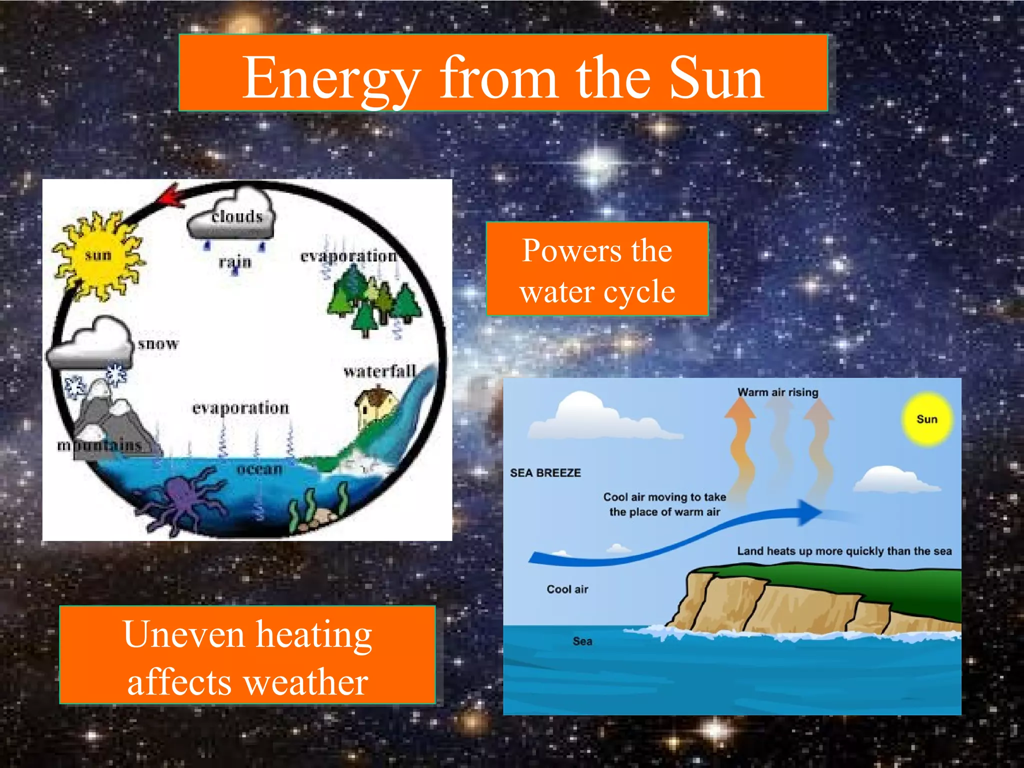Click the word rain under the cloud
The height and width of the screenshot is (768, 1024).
point(235,262)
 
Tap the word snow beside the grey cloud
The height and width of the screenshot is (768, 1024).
point(158,344)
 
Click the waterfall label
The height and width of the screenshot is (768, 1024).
point(379,371)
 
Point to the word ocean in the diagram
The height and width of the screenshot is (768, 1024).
point(259,469)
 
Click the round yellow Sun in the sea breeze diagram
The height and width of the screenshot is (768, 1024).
point(926,419)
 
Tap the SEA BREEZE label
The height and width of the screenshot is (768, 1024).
point(545,472)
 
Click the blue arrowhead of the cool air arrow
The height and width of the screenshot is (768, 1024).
point(808,512)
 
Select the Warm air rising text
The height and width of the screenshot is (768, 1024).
point(777,392)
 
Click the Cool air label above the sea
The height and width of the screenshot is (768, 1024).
point(567,589)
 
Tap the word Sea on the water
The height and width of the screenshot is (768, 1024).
point(582,641)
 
